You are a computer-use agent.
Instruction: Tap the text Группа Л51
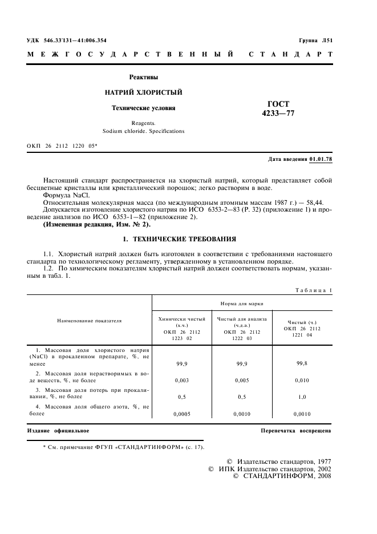click(x=315, y=41)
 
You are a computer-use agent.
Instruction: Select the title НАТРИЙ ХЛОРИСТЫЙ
click(x=143, y=92)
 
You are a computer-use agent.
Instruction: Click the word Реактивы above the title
click(x=143, y=77)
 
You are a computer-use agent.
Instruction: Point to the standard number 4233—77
click(x=278, y=113)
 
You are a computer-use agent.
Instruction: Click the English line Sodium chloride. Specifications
click(x=143, y=131)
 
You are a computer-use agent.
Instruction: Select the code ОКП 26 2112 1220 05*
click(x=62, y=147)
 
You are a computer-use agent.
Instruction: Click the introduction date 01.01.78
click(x=320, y=159)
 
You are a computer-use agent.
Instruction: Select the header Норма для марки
click(x=242, y=304)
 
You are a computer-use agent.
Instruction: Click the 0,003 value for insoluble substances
click(x=181, y=379)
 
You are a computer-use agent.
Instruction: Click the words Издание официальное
click(x=58, y=431)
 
